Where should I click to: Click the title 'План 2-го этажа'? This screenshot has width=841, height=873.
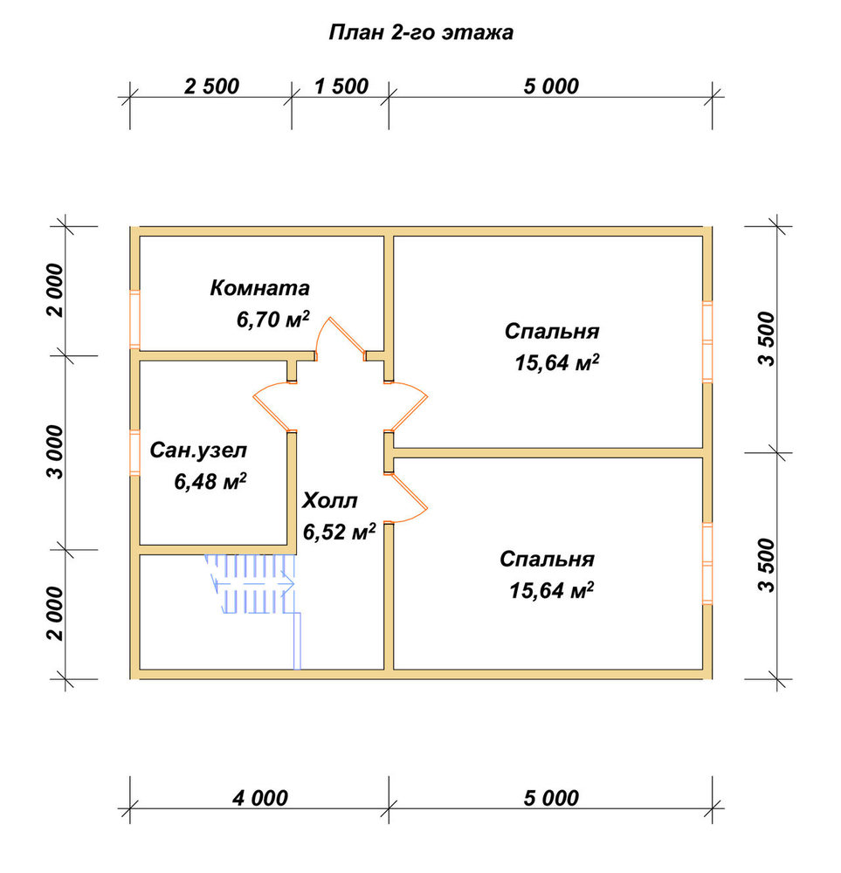(421, 33)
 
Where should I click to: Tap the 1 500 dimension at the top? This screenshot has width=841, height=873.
(341, 86)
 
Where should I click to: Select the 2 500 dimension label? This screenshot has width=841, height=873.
(211, 86)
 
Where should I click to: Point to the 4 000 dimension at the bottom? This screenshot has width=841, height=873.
(260, 798)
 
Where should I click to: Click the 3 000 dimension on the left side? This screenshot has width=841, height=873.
(56, 451)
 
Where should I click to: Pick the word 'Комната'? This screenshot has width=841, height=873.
(259, 288)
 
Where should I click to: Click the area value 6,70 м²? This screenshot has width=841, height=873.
(272, 319)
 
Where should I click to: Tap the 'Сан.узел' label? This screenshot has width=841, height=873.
(198, 450)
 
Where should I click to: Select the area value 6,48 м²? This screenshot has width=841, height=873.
(210, 481)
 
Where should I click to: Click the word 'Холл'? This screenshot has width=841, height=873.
(330, 500)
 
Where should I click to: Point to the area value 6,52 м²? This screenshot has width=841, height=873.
(339, 532)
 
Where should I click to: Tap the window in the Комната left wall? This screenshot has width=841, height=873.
(134, 319)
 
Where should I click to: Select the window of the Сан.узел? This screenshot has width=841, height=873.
(134, 452)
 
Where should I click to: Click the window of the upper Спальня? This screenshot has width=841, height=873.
(707, 341)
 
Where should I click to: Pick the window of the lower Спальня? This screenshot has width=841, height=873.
(707, 563)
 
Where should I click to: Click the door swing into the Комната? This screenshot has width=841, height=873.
(340, 339)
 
